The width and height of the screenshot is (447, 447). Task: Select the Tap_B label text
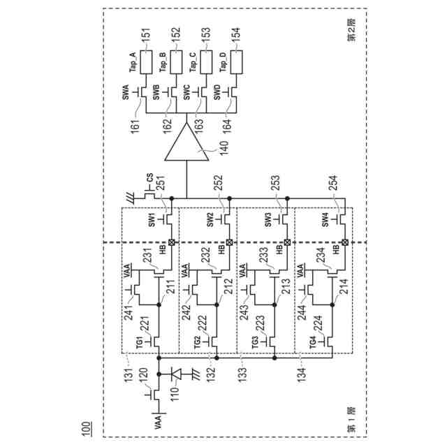coord(163,64)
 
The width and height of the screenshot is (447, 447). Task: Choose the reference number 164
coord(226,126)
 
